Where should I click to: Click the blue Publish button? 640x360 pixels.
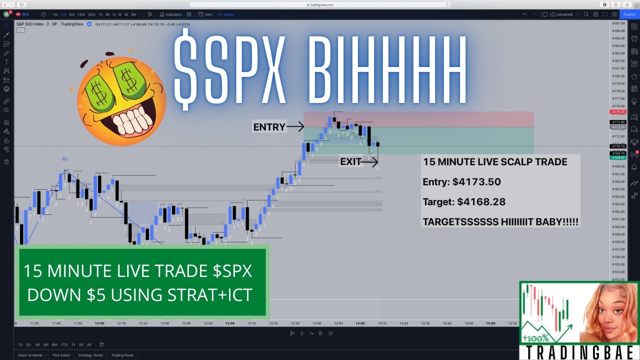coord(629,14)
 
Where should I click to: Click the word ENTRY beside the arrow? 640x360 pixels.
coord(269,127)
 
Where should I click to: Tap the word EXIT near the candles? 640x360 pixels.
coord(350,161)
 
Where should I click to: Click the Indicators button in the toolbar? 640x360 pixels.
coord(171,14)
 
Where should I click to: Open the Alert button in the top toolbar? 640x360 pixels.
coord(206,14)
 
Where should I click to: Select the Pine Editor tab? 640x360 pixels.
coord(61,355)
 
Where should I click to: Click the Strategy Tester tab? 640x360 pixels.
coord(90,355)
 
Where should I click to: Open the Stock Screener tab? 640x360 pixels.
coord(31,355)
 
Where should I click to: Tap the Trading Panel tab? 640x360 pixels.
coord(122,355)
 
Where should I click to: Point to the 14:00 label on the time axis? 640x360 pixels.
coord(360,323)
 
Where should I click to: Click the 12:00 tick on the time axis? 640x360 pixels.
coord(99,323)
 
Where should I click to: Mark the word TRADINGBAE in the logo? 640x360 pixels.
coord(579,352)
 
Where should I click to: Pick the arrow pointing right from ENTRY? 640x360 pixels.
coord(295,127)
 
